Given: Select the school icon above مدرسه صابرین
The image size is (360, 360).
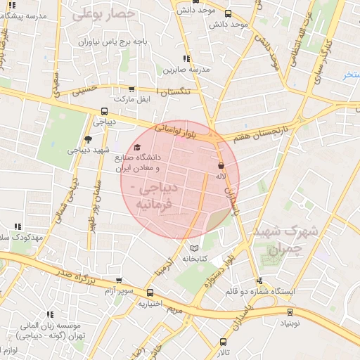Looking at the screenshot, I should click(186, 59).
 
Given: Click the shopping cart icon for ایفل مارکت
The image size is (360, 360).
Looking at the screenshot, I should click(131, 89).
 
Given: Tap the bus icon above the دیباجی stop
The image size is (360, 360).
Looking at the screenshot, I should click(105, 110).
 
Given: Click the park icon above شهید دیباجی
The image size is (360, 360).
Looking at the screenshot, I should click(87, 139).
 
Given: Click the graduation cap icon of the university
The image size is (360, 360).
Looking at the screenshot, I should click(136, 147).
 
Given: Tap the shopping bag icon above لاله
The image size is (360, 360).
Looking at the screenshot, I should click(221, 166).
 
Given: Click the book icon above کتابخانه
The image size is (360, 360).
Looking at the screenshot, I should click(195, 248).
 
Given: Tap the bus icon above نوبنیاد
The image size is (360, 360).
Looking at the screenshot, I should click(290, 313).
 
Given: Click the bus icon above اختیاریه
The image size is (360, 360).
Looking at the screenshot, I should click(150, 292).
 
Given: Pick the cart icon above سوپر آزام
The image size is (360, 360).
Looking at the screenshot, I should click(118, 280).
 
